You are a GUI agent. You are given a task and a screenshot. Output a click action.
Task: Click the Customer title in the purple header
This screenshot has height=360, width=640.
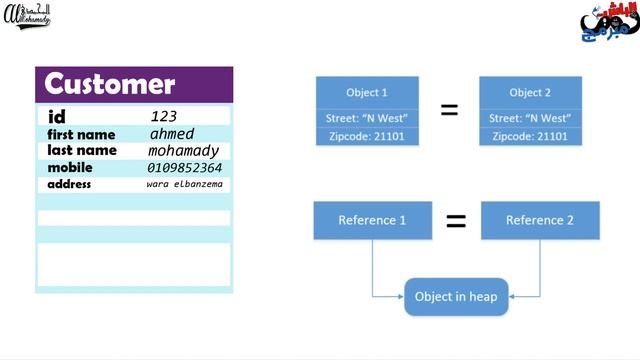tap(110, 84)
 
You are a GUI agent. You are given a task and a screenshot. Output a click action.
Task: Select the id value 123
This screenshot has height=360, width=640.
tap(163, 117)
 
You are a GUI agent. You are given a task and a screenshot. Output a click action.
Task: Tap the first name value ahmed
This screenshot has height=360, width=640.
tap(172, 134)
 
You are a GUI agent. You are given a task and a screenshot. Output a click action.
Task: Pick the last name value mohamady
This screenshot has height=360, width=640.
tap(183, 151)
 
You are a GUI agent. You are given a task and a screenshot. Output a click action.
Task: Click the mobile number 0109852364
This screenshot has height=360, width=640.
tap(185, 168)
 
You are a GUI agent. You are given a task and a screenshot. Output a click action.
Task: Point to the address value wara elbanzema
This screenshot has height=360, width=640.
tap(185, 184)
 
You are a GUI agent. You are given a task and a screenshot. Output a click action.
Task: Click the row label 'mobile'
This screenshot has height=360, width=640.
tap(70, 168)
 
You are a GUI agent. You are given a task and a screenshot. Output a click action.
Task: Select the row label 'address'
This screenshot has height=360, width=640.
tap(70, 184)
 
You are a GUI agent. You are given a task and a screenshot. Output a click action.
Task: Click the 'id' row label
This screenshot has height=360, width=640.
tap(57, 117)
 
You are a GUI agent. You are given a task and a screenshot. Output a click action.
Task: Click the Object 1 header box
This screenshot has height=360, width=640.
tap(367, 92)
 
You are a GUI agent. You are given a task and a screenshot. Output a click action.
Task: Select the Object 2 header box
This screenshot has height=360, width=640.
tap(530, 92)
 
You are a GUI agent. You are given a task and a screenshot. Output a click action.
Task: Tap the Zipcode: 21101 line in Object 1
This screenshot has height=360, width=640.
tap(367, 134)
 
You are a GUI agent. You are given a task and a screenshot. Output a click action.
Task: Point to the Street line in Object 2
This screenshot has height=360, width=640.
tap(530, 117)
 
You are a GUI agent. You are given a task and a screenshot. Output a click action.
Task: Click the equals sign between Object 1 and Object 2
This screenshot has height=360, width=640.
tap(450, 111)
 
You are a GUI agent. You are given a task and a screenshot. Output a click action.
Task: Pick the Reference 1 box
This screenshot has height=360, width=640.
tap(372, 220)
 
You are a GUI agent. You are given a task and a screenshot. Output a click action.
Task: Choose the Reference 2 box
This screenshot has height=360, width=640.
tap(540, 220)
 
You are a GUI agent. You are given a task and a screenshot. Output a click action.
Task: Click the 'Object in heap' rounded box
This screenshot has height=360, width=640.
tap(457, 296)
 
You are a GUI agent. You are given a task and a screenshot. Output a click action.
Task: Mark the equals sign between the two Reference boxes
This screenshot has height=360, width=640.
tap(456, 221)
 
